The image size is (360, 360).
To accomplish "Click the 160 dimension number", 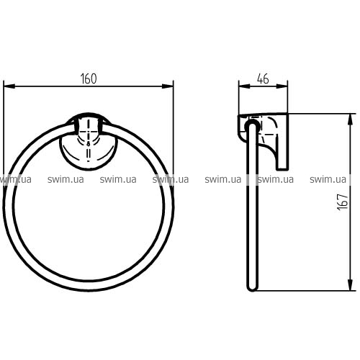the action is (89, 78).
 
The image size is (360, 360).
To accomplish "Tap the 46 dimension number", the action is (263, 78).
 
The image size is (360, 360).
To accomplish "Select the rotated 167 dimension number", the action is (343, 202).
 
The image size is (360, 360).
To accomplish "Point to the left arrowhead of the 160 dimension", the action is (9, 86).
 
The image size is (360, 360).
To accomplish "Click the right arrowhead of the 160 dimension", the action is (168, 86).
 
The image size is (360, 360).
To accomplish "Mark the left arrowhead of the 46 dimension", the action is (245, 86).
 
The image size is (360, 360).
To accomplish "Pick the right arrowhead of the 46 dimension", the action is (282, 86).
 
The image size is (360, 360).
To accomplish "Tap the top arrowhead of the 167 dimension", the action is (351, 120).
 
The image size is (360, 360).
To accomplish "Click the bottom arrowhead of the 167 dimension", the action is (351, 285).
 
